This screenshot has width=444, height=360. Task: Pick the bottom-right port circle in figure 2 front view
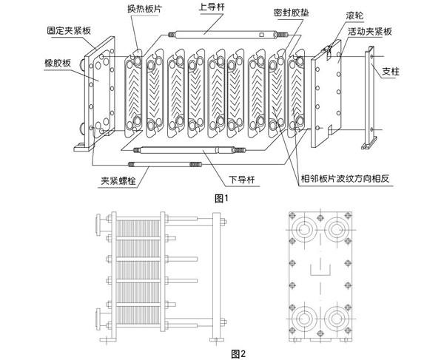339,320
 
